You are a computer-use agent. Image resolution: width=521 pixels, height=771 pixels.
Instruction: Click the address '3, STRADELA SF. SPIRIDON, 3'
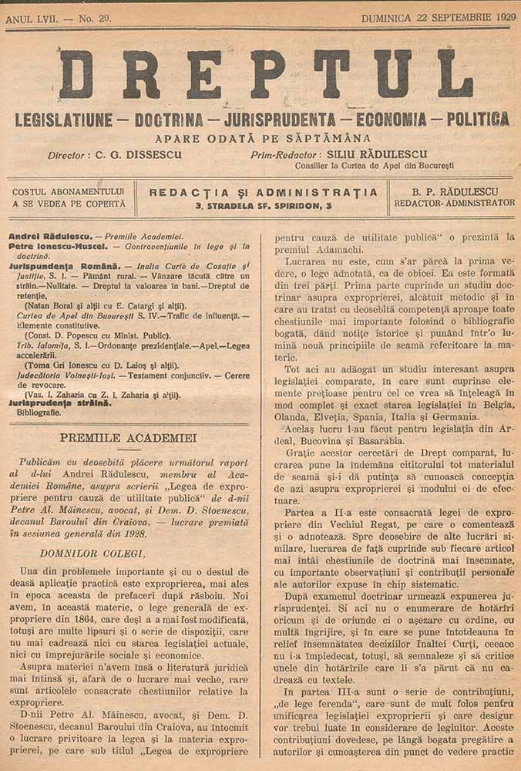tap(264, 207)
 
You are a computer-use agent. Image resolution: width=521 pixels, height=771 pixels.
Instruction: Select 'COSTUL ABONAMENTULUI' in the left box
tap(69, 191)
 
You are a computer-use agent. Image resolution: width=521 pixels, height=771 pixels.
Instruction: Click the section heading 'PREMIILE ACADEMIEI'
tap(128, 437)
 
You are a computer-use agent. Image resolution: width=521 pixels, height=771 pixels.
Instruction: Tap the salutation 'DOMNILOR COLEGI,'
tap(92, 553)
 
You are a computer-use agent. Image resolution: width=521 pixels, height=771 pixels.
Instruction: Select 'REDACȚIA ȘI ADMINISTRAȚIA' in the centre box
tap(264, 192)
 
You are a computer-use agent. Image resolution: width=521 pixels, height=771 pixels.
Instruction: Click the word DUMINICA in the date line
tap(390, 18)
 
